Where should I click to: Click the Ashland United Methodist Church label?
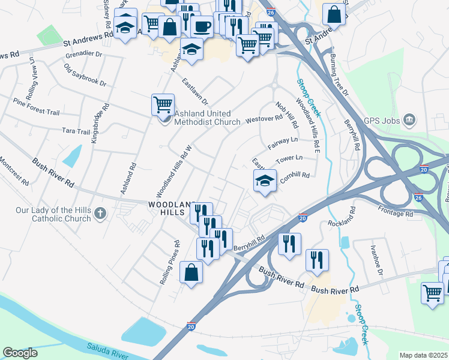(x=206, y=117)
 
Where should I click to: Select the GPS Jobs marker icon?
(x=410, y=120)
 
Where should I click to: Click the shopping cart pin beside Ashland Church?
(x=163, y=105)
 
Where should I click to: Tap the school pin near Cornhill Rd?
(x=264, y=181)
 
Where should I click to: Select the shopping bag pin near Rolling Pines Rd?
(x=191, y=273)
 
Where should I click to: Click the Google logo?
(x=20, y=353)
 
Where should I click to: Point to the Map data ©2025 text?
(x=423, y=355)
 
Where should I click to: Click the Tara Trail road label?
(x=75, y=131)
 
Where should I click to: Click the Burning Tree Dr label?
(x=339, y=76)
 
